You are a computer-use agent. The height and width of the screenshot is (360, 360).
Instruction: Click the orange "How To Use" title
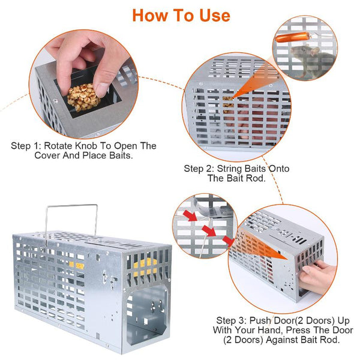click(x=181, y=16)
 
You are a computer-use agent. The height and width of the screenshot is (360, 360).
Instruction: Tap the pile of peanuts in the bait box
click(x=83, y=97)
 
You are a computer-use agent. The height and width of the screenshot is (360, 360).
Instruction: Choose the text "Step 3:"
click(x=232, y=320)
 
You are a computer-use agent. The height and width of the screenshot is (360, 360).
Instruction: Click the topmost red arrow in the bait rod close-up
click(x=190, y=215)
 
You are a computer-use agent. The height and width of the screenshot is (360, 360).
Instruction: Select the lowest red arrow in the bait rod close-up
click(x=229, y=241)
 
